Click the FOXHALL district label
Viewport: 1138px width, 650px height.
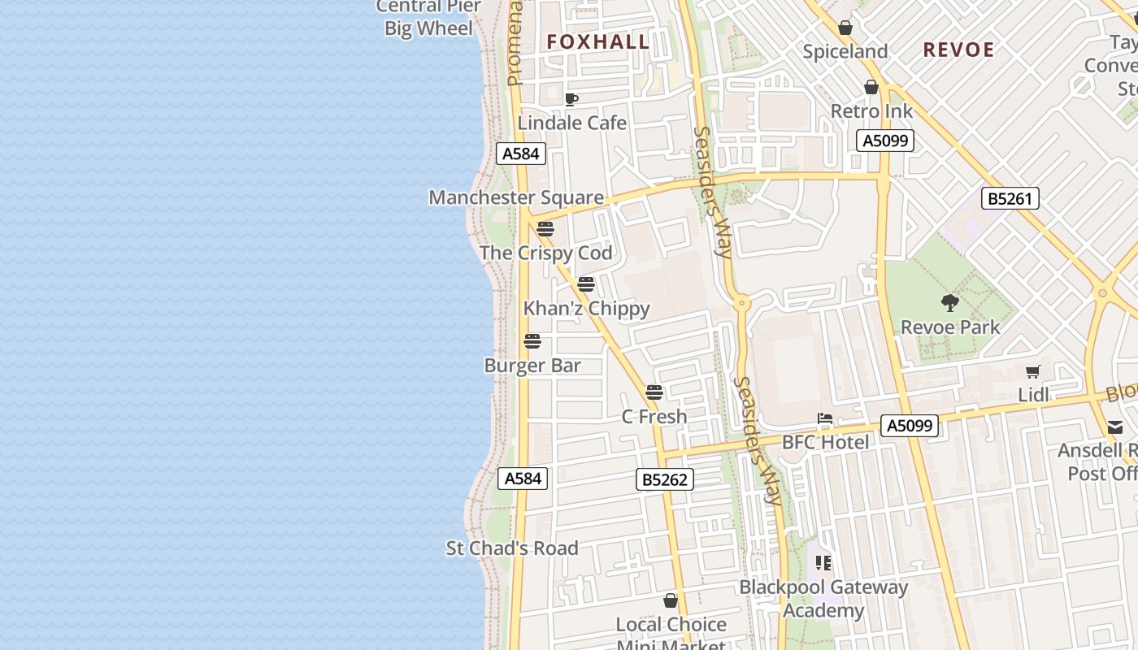598,42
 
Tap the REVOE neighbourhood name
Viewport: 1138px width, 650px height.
958,50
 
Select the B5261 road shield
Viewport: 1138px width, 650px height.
1010,198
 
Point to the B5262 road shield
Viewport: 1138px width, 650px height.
664,479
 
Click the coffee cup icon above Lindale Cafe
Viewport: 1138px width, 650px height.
571,99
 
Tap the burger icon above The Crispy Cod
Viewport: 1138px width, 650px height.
545,228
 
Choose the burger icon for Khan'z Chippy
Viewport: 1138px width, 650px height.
586,284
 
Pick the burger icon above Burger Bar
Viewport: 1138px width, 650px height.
532,341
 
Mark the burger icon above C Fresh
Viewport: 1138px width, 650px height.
654,392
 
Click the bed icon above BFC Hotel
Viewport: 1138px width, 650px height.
825,419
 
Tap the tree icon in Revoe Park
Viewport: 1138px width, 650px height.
949,303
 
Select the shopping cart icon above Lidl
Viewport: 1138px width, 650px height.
1032,371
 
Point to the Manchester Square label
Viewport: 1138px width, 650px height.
516,197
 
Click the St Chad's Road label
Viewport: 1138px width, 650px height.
512,548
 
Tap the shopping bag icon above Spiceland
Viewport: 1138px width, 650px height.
845,28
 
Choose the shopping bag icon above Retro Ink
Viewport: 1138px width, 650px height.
871,87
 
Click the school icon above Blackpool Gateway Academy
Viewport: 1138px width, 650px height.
823,562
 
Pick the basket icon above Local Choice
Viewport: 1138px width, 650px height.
671,600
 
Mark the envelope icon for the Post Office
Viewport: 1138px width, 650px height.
1114,427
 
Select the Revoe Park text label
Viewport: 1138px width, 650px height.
950,327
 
